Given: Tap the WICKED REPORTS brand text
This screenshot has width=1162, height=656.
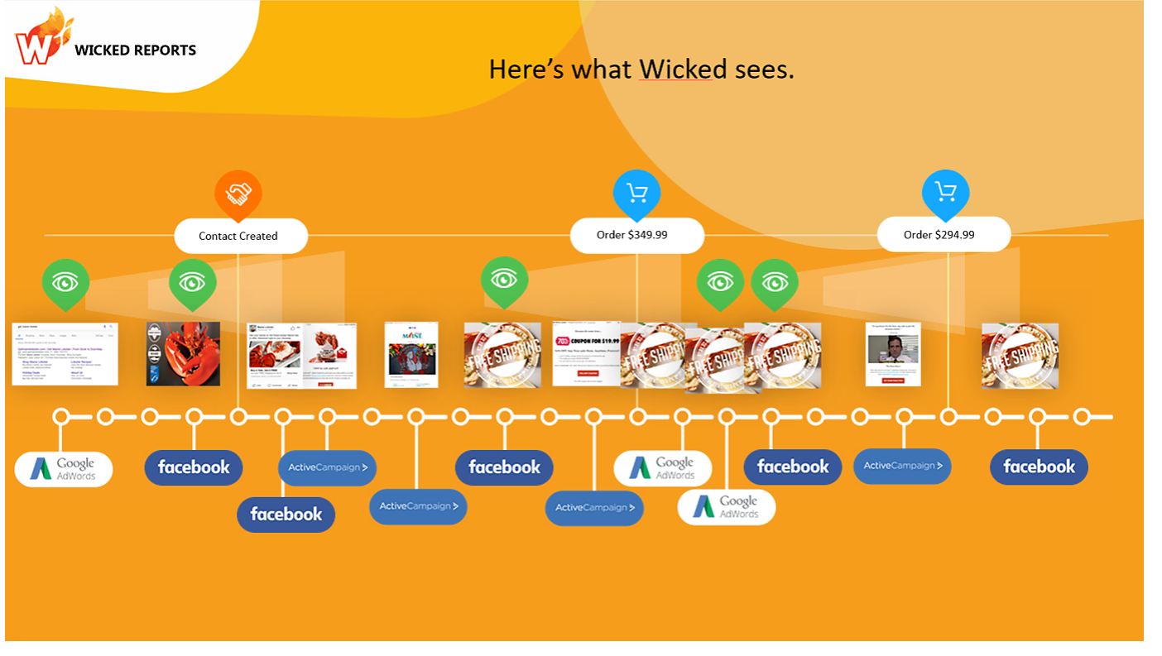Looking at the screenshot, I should (135, 50).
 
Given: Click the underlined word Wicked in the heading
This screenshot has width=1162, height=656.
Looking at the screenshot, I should (675, 69).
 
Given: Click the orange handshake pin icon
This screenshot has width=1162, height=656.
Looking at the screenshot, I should (238, 194).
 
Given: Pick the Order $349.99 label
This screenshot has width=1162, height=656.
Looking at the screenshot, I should (636, 235).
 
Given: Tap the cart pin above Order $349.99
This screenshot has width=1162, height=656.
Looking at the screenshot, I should (636, 194).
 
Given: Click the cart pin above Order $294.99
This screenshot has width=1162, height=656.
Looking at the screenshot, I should (945, 192).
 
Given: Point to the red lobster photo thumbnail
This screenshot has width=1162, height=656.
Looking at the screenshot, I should (183, 353).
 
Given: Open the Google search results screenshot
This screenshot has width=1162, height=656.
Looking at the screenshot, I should (65, 353).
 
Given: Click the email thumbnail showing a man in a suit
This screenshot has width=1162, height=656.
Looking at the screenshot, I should (892, 353).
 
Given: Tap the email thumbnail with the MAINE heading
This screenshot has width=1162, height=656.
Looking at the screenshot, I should (411, 354).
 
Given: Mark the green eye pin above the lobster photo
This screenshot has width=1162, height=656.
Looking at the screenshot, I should (192, 282).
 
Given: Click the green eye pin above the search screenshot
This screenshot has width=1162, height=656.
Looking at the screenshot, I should (65, 282).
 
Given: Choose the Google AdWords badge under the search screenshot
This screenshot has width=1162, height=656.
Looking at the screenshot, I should (64, 469).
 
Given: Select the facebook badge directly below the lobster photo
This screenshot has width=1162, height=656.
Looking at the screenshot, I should (194, 467).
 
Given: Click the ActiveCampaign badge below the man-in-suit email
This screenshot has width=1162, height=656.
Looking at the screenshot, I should (902, 466).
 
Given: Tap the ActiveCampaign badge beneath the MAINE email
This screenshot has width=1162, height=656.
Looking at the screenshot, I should (418, 506).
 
